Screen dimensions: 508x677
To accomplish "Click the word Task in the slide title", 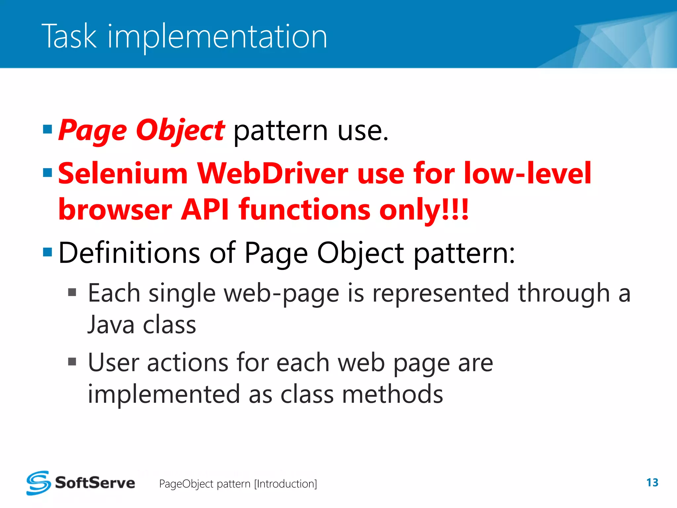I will pos(69,36).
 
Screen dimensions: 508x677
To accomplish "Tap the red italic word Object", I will pos(180,130).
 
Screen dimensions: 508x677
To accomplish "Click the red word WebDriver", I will pos(272,173).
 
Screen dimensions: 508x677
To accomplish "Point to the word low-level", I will pos(528,173).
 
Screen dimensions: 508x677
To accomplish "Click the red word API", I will pos(205,210).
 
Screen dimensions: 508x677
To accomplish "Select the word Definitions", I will pos(129,253).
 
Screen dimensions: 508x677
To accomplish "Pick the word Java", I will pos(111,325).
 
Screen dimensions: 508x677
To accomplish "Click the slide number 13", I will pos(652,483).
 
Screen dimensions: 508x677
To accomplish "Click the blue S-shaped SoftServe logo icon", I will pos(39,483).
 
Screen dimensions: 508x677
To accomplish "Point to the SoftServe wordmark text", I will pos(95,483).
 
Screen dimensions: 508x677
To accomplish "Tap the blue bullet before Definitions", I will pos(48,252).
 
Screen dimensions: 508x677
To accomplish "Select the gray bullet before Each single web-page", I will pos(72,293).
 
